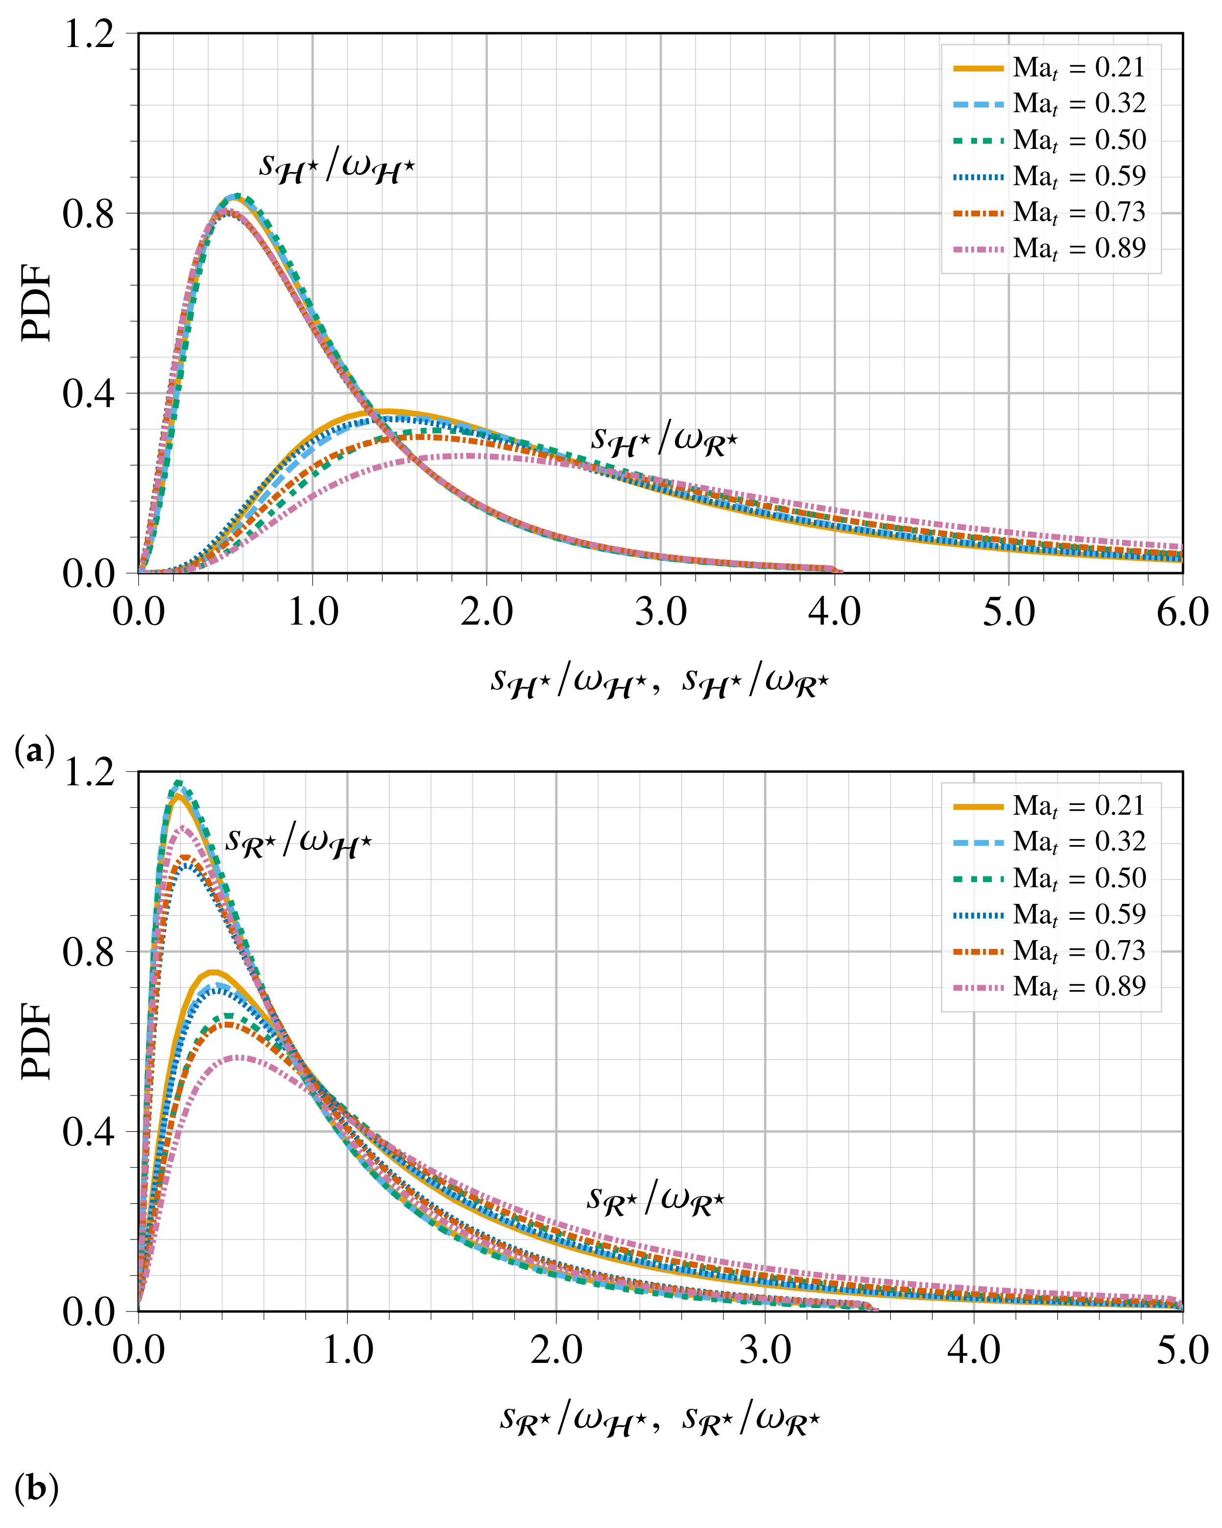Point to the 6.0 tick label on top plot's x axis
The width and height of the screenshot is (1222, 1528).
coord(1182,611)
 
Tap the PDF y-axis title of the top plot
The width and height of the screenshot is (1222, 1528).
coord(37,303)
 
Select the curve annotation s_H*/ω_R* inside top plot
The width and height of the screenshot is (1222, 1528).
coord(664,440)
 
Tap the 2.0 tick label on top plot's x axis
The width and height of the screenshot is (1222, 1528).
coord(487,611)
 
